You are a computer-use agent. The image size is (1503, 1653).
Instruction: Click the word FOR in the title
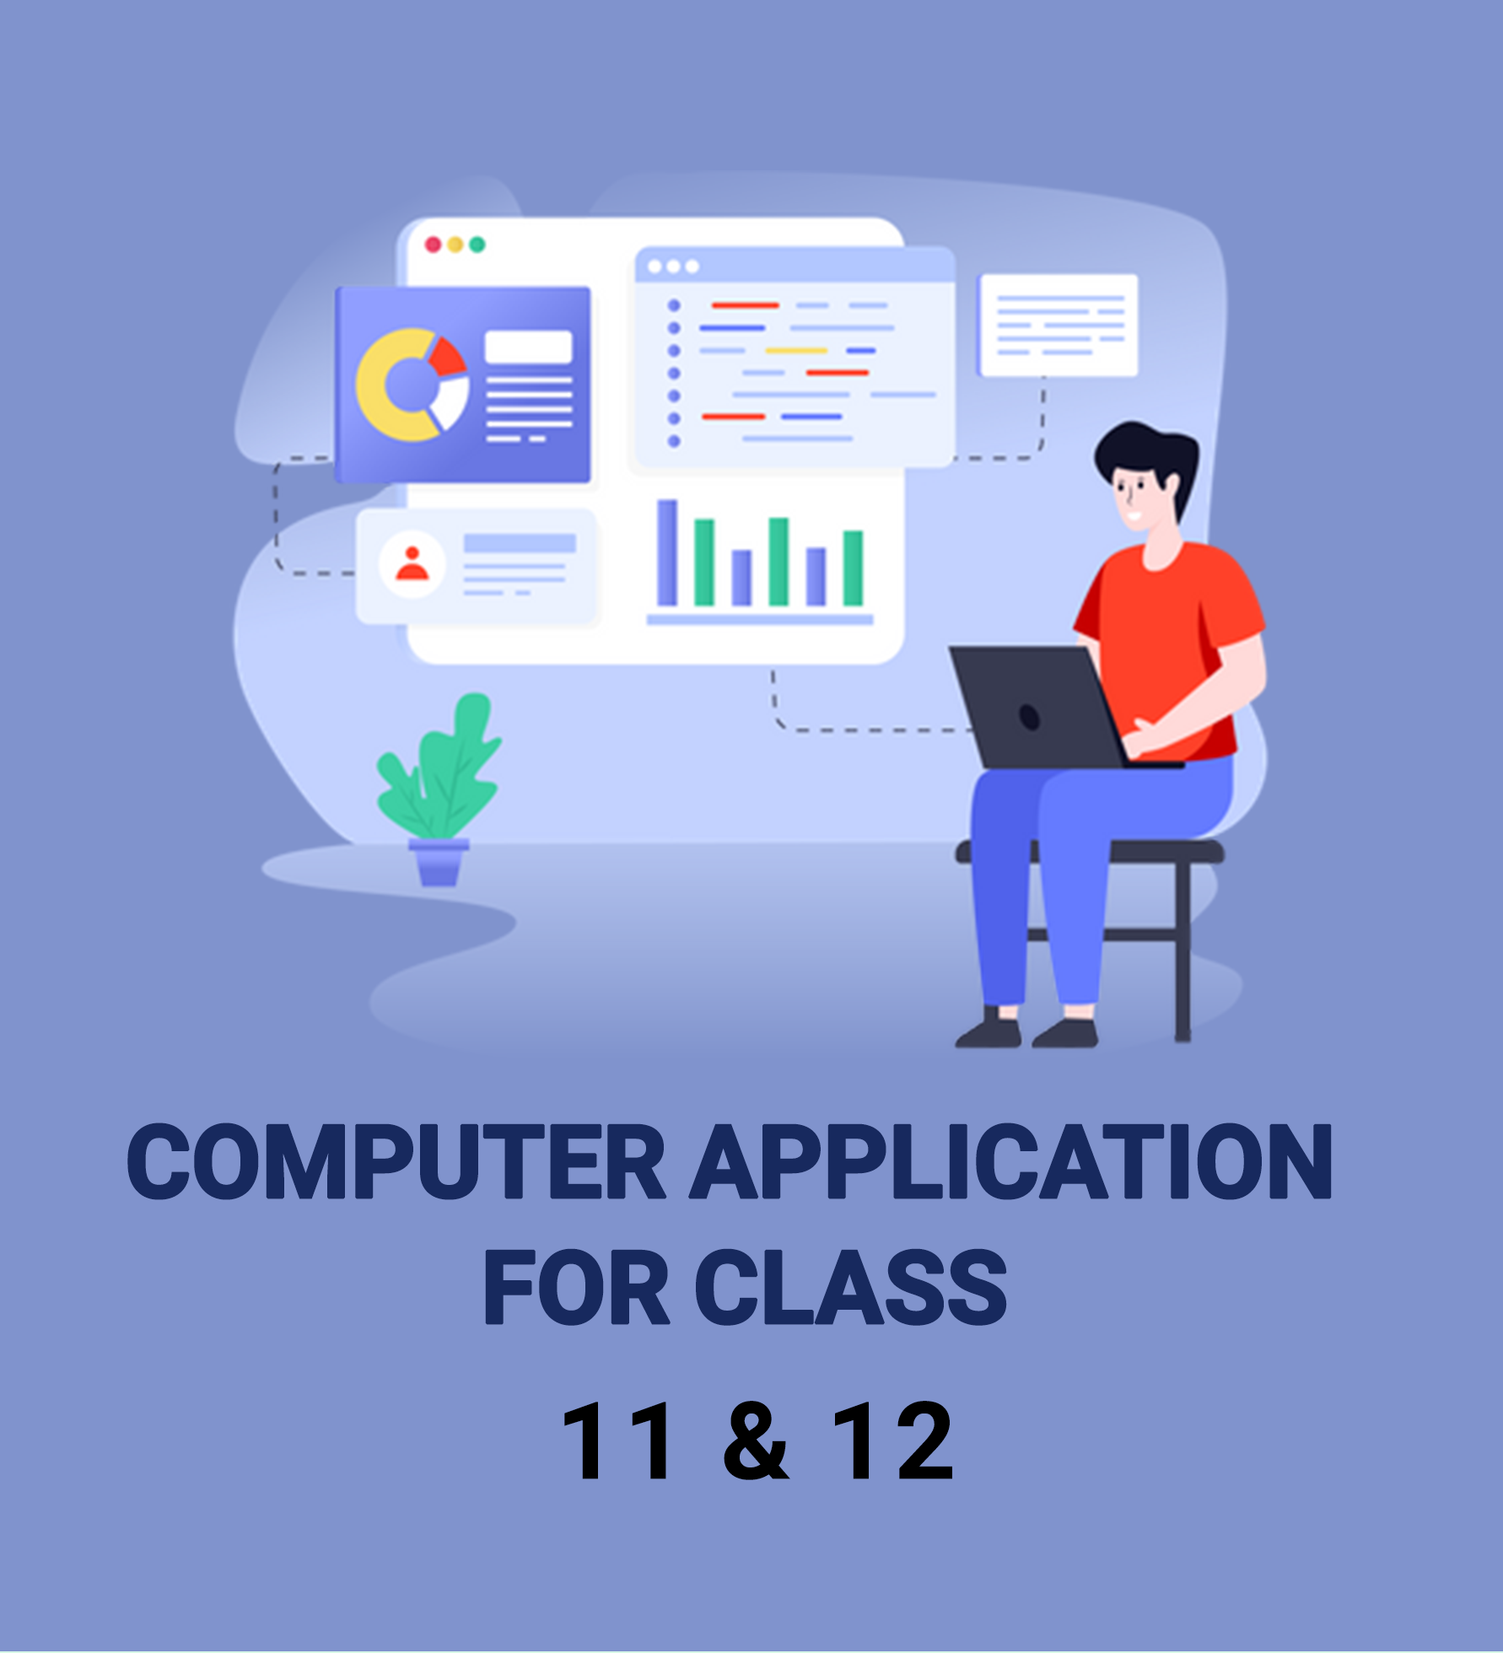576,1287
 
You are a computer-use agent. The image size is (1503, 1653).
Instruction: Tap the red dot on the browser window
433,245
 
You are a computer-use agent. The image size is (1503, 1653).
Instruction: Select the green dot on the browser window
477,245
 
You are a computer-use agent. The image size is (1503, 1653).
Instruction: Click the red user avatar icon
412,563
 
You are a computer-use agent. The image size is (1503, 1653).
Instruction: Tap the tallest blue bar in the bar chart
667,552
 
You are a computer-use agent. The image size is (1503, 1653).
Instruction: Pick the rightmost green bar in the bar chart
854,568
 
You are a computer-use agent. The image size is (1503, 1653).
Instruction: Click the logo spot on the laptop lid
1029,716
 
